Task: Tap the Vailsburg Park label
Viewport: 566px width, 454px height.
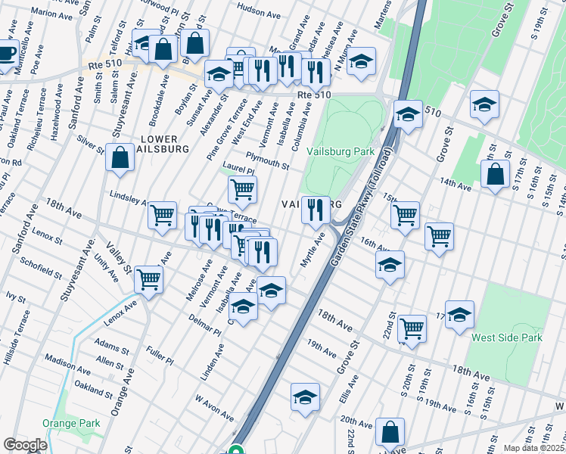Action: coord(341,151)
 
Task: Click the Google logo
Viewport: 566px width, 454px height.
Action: coord(25,445)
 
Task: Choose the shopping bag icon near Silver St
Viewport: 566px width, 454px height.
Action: coord(120,158)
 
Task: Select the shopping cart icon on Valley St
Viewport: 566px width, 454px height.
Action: coord(148,279)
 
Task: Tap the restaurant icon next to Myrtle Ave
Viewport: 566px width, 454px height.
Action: coord(316,208)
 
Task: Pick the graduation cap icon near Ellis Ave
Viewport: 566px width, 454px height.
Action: coord(305,396)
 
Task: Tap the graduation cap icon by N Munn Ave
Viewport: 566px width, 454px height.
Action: coord(362,62)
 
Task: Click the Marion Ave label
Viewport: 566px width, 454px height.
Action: coord(52,13)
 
